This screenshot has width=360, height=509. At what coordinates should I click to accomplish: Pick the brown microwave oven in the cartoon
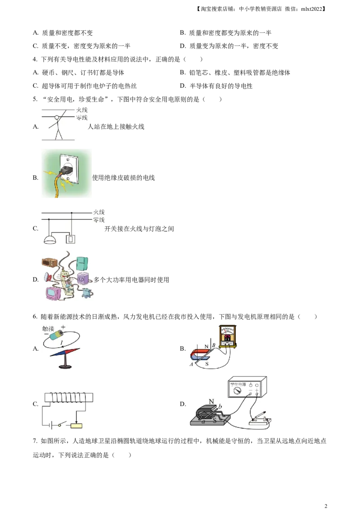[49, 263]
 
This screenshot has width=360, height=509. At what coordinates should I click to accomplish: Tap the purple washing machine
[84, 279]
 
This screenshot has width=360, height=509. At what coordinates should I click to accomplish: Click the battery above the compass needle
[58, 335]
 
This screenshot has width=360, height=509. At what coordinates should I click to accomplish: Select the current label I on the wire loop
[62, 343]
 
